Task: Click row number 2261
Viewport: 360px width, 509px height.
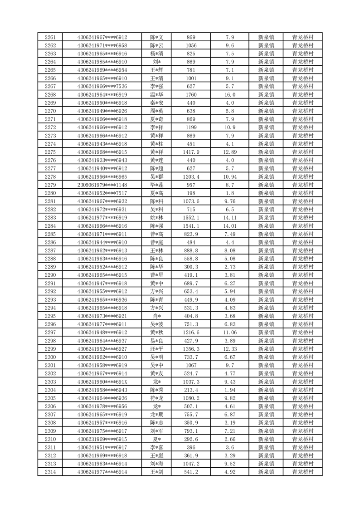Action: tap(50, 37)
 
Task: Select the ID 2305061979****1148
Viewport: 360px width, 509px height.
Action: tap(102, 185)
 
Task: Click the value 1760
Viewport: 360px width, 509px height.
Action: tap(191, 95)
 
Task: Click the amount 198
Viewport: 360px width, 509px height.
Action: tap(191, 193)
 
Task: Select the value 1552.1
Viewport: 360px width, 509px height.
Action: tap(191, 218)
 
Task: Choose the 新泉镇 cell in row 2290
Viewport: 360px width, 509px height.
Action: tap(266, 275)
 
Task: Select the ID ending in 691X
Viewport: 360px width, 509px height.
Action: tap(102, 382)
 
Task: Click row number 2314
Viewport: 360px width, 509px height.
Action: tap(50, 472)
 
